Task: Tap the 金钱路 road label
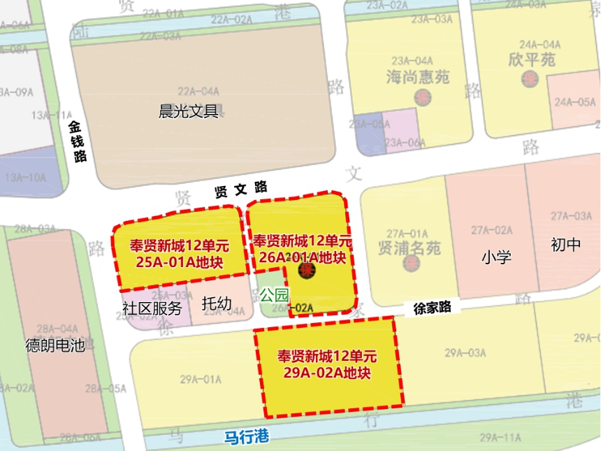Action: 78,141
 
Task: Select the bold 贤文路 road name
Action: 241,189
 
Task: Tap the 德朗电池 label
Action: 55,345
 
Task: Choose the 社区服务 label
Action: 152,308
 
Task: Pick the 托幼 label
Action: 217,305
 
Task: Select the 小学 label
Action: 496,257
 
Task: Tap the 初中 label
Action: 565,245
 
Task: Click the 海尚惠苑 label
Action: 418,77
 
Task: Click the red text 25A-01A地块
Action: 180,264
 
